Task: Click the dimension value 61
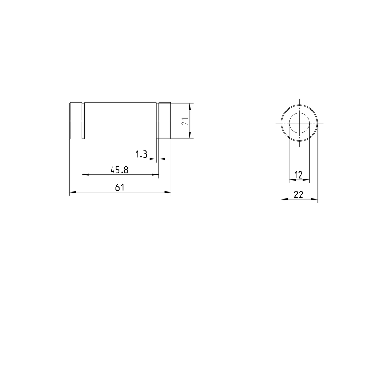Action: point(120,187)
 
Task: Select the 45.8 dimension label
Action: point(120,170)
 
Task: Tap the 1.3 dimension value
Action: point(141,154)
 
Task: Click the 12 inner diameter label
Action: point(299,175)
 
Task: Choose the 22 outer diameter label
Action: point(298,194)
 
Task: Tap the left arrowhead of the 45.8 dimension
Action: point(85,175)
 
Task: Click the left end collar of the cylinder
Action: point(76,121)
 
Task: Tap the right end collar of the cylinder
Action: point(165,121)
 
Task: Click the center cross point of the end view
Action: point(299,123)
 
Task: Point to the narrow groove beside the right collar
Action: point(157,121)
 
